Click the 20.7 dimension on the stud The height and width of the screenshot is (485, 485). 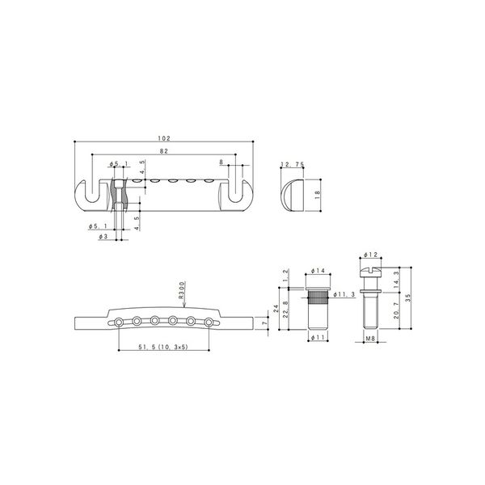394,312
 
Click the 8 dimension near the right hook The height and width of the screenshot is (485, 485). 222,162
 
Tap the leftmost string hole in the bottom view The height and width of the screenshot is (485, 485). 120,322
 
